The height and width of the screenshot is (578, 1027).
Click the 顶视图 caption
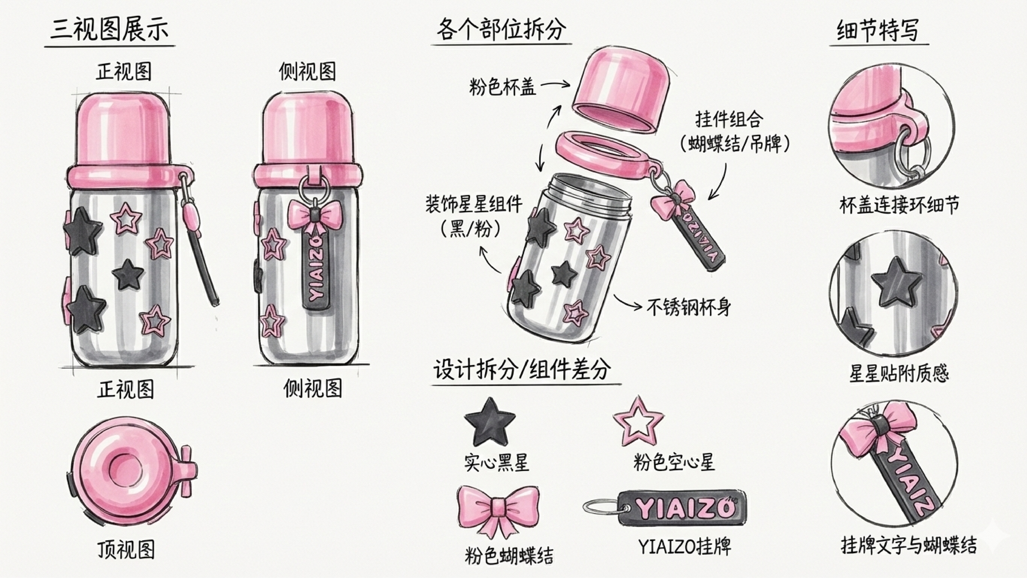tap(126, 550)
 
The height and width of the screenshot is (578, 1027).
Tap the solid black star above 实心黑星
tap(489, 422)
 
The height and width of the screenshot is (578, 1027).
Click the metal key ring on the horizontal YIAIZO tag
tap(603, 507)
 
